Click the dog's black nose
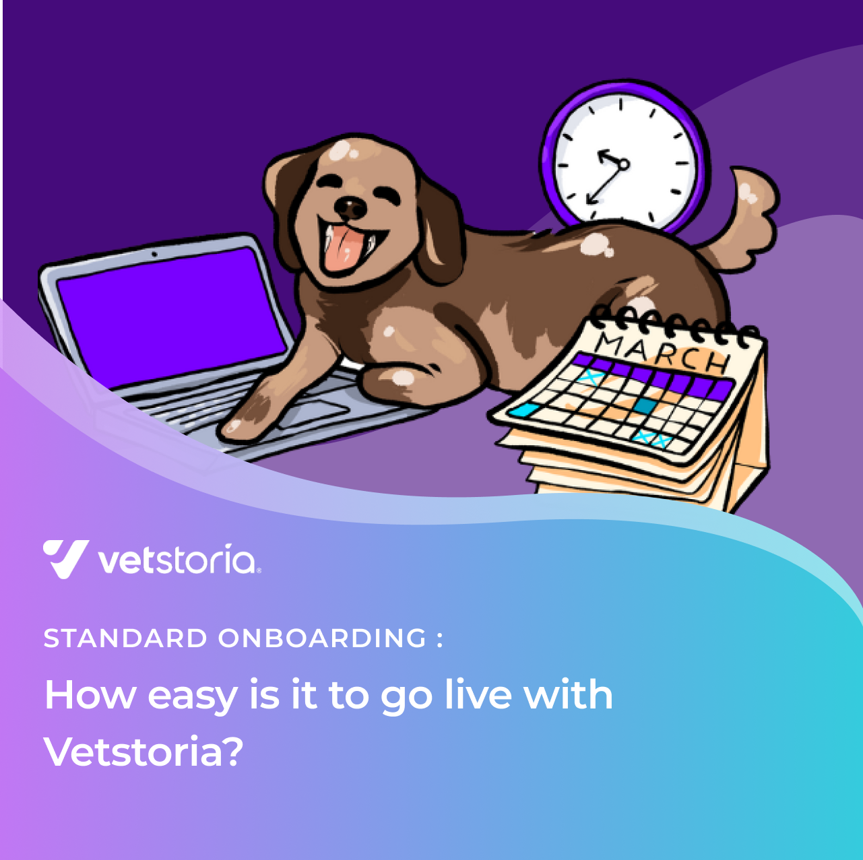(x=350, y=207)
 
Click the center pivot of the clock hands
(x=623, y=165)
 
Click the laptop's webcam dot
(x=154, y=255)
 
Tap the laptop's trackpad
(x=313, y=414)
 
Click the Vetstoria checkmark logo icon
(x=65, y=559)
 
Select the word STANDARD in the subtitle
(x=125, y=638)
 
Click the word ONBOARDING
(x=322, y=638)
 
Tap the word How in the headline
(x=90, y=695)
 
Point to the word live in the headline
(x=478, y=695)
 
